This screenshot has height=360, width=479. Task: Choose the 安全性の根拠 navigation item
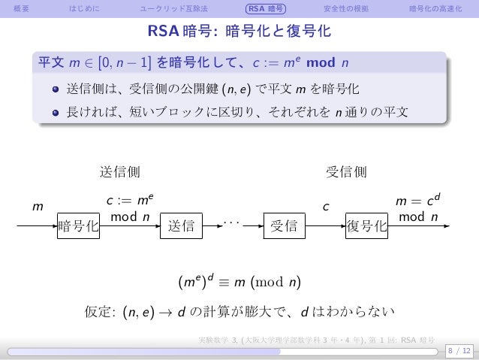pyautogui.click(x=340, y=9)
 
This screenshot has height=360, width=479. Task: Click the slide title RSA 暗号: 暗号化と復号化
pyautogui.click(x=239, y=33)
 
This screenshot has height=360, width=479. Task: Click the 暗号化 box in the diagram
pyautogui.click(x=79, y=224)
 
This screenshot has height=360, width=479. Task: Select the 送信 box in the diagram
pyautogui.click(x=182, y=224)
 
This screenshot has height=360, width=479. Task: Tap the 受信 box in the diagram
pyautogui.click(x=283, y=224)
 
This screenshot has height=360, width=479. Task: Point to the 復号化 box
pyautogui.click(x=366, y=224)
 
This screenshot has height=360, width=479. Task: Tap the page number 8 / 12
pyautogui.click(x=457, y=349)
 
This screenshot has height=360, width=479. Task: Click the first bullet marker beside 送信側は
pyautogui.click(x=56, y=92)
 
